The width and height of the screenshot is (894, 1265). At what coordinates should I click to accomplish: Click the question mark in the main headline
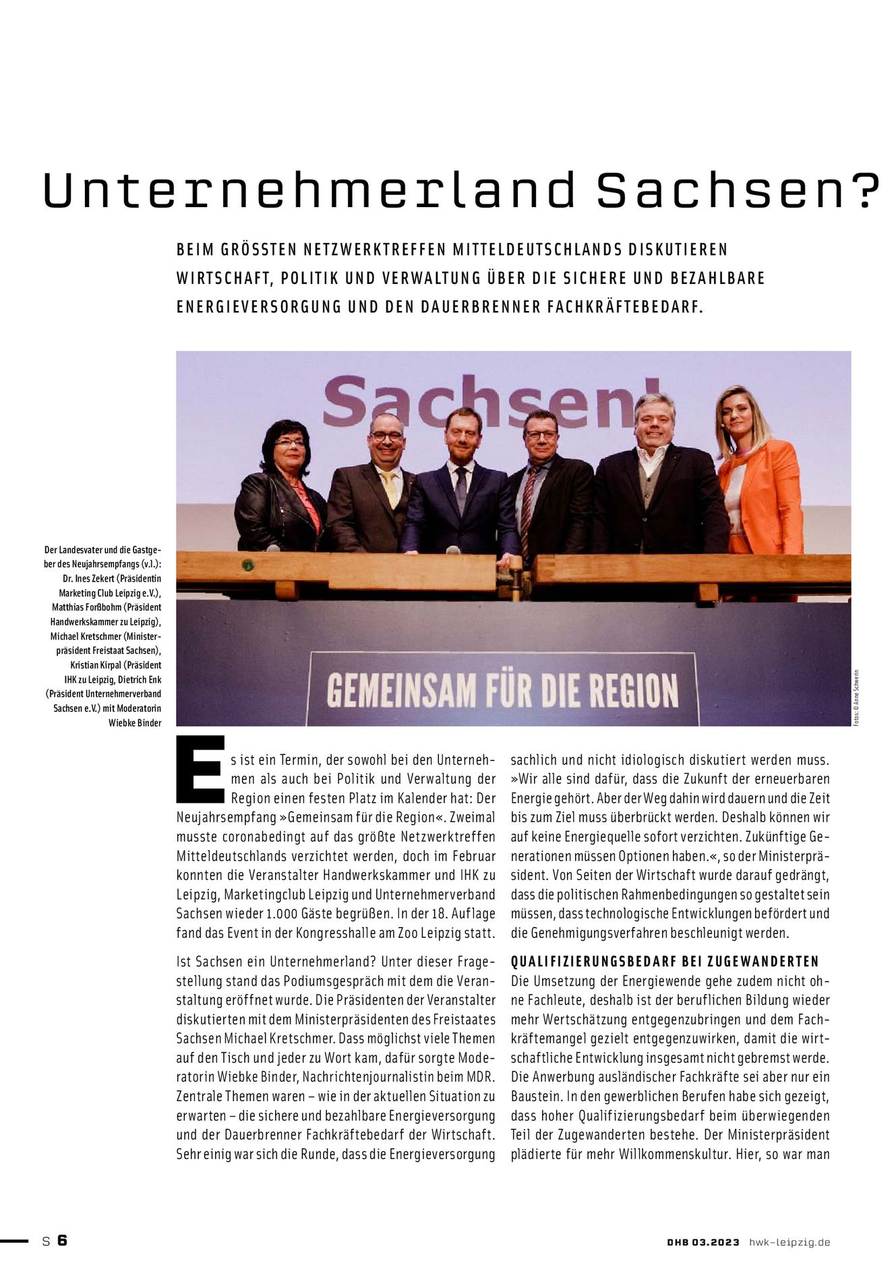point(865,191)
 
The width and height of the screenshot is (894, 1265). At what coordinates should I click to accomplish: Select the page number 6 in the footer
point(63,1240)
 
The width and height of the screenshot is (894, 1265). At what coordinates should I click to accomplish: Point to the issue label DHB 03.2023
point(703,1242)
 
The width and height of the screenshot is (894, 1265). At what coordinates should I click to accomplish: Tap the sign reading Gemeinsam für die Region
point(502,690)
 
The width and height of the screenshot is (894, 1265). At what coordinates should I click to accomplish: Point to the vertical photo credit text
point(856,696)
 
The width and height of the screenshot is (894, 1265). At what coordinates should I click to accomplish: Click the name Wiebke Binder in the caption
point(135,723)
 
